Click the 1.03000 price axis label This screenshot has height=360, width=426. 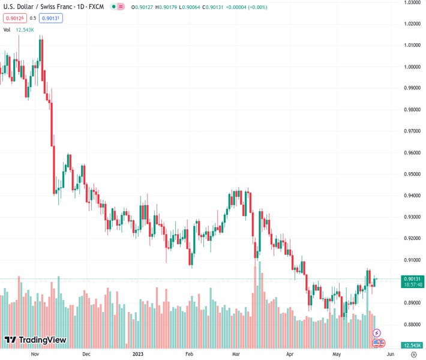tap(411, 2)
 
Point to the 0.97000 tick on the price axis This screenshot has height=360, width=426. tap(411, 131)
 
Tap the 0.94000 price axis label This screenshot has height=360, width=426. tap(411, 196)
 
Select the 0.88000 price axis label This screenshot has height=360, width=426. tap(411, 325)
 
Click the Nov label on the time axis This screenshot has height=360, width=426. tap(35, 355)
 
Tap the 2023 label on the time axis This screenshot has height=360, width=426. tap(138, 355)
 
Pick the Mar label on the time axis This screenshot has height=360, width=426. tap(236, 355)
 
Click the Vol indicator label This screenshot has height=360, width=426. tap(7, 29)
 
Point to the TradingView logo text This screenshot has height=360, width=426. tap(42, 340)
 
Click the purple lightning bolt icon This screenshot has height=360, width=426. tap(377, 332)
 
